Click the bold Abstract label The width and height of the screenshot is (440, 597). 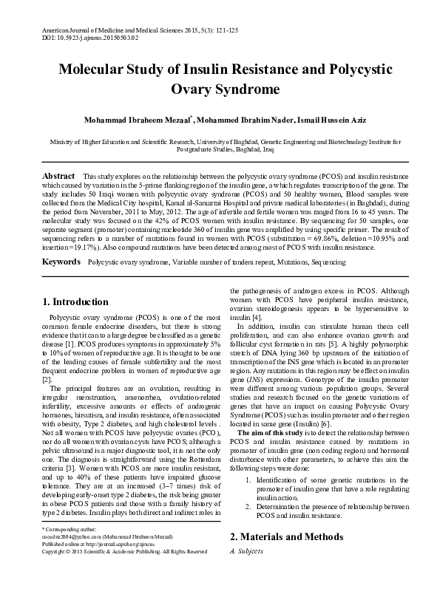pos(58,176)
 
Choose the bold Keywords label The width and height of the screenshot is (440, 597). pos(60,262)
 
